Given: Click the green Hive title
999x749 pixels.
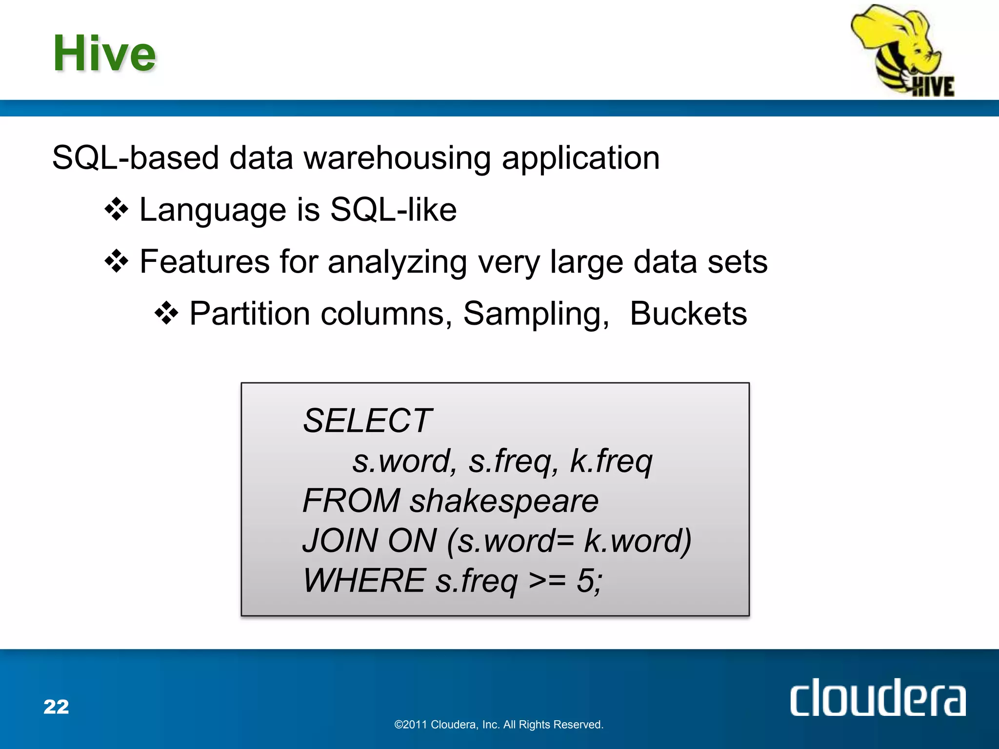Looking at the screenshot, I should coord(104,53).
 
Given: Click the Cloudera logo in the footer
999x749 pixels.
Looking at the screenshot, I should coord(878,698).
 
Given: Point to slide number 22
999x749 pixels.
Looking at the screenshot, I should coord(56,707).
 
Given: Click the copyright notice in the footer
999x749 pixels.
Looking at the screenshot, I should coord(499,725).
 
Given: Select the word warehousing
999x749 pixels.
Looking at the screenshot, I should coord(397,158).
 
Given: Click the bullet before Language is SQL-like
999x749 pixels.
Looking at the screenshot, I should coord(117,210).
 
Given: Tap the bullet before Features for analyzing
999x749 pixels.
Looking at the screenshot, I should coord(117,262).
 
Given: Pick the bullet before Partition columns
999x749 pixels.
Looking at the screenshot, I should coord(166,314).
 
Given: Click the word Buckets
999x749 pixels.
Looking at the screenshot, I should coord(688,314).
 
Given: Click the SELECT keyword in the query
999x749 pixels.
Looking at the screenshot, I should coord(367,421).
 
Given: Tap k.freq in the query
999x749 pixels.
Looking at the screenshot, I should coord(611,462).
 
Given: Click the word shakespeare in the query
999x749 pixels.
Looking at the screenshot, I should coord(504,502).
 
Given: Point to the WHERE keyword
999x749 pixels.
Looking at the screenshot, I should coord(364,581).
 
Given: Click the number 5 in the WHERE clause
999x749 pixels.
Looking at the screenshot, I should coord(586,581).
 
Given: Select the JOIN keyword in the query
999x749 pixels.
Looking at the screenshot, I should coord(340,541).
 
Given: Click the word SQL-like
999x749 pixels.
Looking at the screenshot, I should coord(393,210).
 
